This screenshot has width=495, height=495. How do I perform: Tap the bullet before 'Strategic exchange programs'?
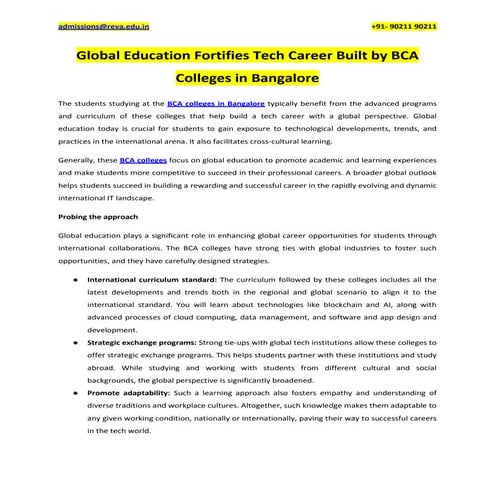tap(77, 342)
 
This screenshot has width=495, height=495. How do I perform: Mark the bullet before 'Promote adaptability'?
tap(77, 393)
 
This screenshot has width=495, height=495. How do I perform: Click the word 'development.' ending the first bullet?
tap(113, 329)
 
